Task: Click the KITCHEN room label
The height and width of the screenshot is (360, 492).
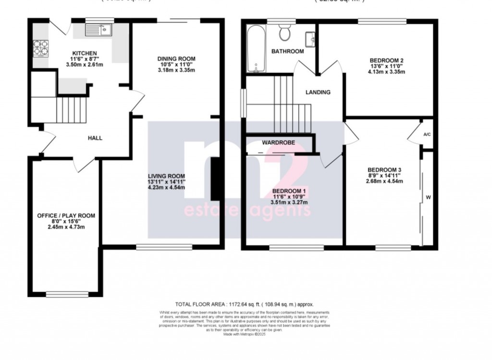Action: click(x=84, y=53)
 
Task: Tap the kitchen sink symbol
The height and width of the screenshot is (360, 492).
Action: click(x=98, y=31)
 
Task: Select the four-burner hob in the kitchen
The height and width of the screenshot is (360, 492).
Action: click(x=41, y=48)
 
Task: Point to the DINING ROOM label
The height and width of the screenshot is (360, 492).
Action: click(x=177, y=59)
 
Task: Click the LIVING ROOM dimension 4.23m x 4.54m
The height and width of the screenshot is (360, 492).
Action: click(x=166, y=188)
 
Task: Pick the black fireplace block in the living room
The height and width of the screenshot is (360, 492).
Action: click(x=216, y=179)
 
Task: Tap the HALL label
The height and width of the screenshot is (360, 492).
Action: click(x=95, y=138)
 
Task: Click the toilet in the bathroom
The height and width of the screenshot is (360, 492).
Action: click(x=285, y=33)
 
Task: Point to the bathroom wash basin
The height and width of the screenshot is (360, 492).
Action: click(x=310, y=37)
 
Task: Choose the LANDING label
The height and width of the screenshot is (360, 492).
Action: click(x=318, y=92)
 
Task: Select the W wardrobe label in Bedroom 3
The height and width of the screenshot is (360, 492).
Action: click(x=428, y=197)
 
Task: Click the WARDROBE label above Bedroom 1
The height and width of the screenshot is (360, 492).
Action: click(x=278, y=143)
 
